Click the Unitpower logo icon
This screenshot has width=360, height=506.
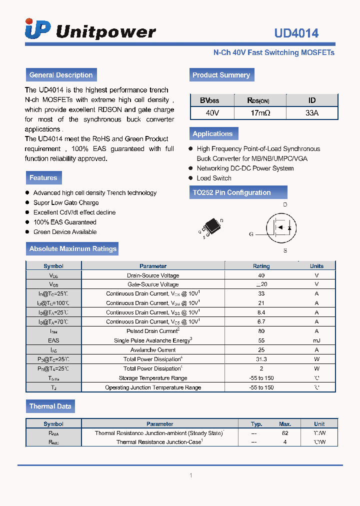coord(37,29)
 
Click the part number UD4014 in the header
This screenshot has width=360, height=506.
coord(296,33)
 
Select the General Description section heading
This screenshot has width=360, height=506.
coord(61,75)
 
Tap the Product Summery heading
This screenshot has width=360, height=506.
coord(221,75)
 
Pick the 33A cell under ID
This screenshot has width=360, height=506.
coord(311,113)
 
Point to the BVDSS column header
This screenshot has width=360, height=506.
coord(212,100)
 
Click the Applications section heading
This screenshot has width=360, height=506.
coord(212,133)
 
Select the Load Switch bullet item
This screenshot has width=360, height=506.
coord(214,178)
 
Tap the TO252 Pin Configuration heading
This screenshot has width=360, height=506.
coord(231,192)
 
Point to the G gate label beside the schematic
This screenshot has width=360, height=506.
coord(251,234)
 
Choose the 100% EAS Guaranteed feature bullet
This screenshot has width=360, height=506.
coord(64,222)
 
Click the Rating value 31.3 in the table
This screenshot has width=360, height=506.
coord(261,359)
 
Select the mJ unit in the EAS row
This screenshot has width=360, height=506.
coord(316,340)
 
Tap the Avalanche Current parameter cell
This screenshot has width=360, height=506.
coord(153,350)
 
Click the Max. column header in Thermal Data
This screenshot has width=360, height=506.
coord(285,423)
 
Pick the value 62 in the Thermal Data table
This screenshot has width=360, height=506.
coord(285,433)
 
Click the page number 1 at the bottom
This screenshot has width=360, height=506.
coord(190,475)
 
